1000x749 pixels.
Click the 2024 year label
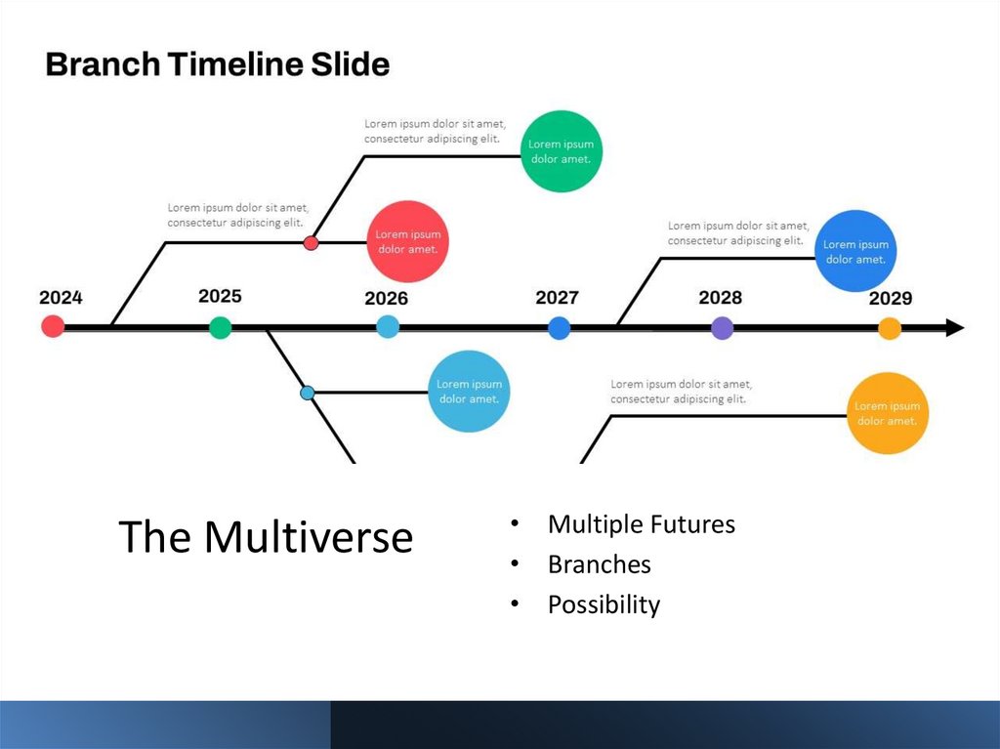pyautogui.click(x=61, y=298)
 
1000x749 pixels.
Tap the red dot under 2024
pyautogui.click(x=53, y=327)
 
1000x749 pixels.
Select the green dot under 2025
pyautogui.click(x=221, y=328)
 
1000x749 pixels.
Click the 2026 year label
pyautogui.click(x=386, y=299)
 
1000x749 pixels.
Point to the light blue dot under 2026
pyautogui.click(x=388, y=328)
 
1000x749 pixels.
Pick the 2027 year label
pyautogui.click(x=557, y=298)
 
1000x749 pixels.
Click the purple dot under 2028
pyautogui.click(x=722, y=328)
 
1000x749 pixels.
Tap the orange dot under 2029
pyautogui.click(x=889, y=328)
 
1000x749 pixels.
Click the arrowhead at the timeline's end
pyautogui.click(x=954, y=328)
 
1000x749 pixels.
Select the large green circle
pyautogui.click(x=561, y=151)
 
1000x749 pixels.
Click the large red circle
pyautogui.click(x=407, y=241)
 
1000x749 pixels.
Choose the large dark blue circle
pyautogui.click(x=855, y=252)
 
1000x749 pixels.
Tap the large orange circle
pyautogui.click(x=886, y=413)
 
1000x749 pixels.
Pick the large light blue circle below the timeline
pyautogui.click(x=469, y=391)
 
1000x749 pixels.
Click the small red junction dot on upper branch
pyautogui.click(x=311, y=242)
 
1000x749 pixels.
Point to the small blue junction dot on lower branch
pyautogui.click(x=308, y=393)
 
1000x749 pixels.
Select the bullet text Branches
pyautogui.click(x=599, y=564)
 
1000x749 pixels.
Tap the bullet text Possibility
pyautogui.click(x=604, y=604)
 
